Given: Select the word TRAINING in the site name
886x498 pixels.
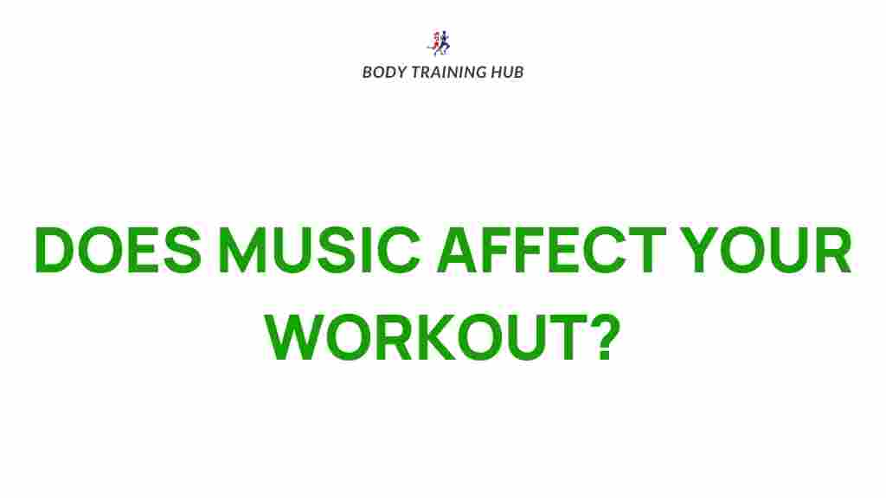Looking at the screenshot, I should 447,72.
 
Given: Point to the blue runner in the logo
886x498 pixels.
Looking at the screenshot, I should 446,42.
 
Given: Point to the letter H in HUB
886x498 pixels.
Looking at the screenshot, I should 497,72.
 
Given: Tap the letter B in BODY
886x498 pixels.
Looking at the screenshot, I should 367,72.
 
